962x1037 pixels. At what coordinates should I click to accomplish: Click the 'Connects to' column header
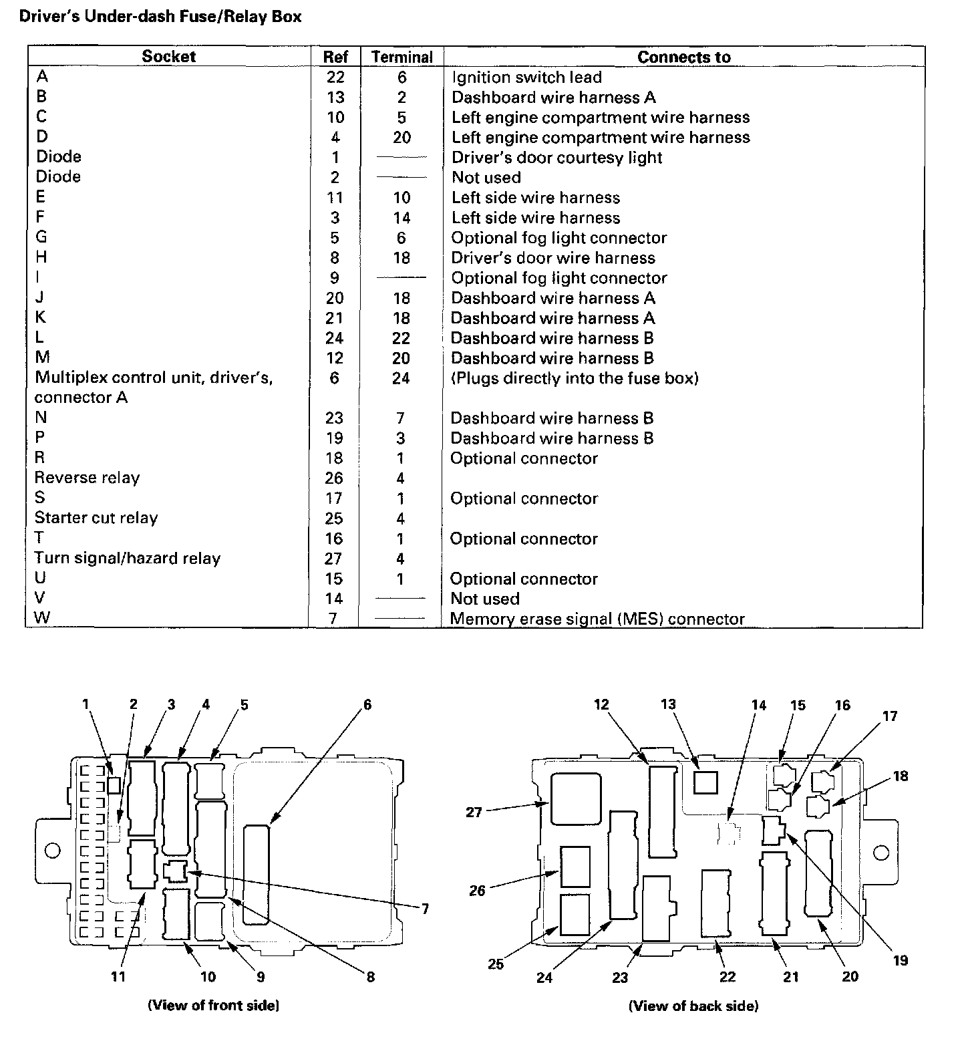click(x=683, y=57)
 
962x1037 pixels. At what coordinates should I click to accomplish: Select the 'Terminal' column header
click(x=402, y=57)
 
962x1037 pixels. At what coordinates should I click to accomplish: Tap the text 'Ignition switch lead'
click(x=526, y=78)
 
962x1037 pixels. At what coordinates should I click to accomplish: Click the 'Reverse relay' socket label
click(x=87, y=478)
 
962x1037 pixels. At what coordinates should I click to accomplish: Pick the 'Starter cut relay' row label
click(x=96, y=518)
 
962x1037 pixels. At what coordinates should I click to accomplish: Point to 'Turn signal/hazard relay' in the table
click(x=127, y=559)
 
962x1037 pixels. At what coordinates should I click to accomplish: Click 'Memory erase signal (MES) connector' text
click(x=597, y=619)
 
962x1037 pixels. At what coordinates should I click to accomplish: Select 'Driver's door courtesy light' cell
click(x=556, y=158)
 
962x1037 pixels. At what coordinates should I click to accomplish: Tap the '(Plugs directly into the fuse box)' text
click(x=575, y=378)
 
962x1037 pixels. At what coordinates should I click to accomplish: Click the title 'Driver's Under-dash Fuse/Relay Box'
click(x=160, y=16)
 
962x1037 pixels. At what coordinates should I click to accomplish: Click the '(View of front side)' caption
click(x=213, y=1005)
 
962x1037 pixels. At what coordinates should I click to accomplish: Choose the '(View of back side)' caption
click(x=693, y=1006)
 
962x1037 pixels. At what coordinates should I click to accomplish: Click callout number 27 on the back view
click(x=474, y=813)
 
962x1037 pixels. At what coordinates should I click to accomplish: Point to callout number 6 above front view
click(x=367, y=705)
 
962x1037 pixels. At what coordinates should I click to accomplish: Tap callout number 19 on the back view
click(x=900, y=960)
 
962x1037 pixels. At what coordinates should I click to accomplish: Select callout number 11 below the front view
click(x=118, y=976)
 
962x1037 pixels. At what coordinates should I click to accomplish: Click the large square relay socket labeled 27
click(x=574, y=798)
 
